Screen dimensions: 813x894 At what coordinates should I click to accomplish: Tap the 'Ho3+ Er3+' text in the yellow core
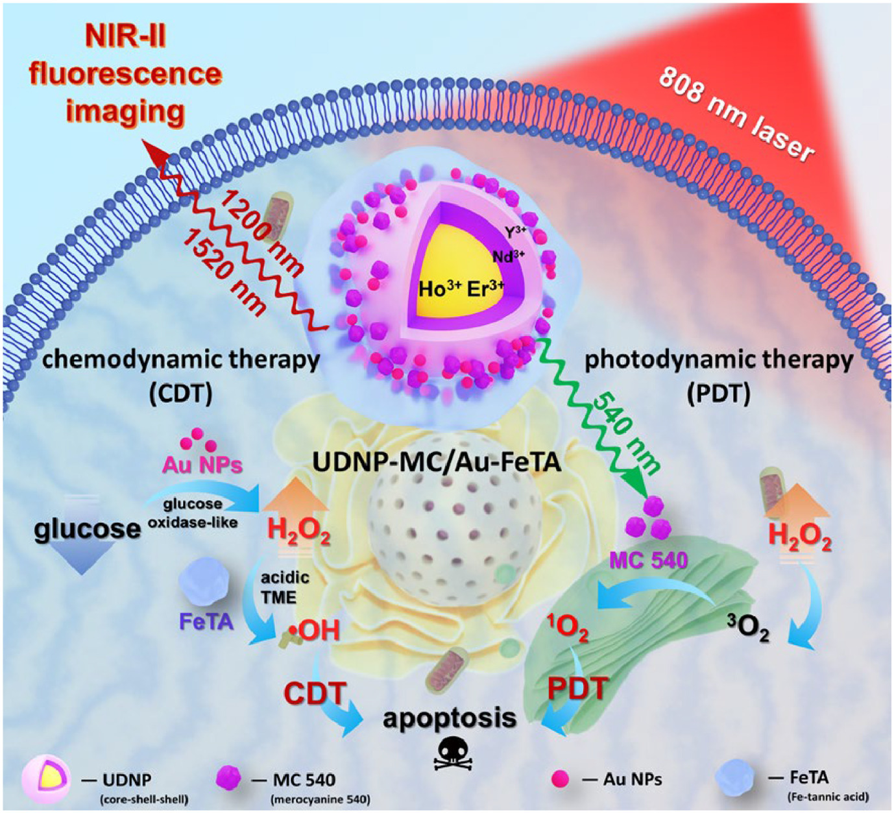pos(461,288)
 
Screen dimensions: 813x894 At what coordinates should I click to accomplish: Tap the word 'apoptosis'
pos(449,718)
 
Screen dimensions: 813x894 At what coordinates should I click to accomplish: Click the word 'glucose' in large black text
pos(87,529)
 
